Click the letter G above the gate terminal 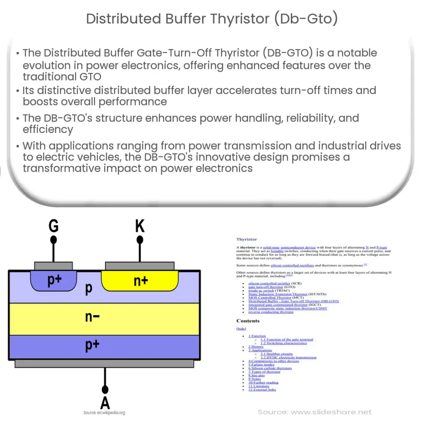coord(53,226)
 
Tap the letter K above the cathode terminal coord(140,226)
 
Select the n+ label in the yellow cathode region coord(141,281)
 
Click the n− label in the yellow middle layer coord(92,317)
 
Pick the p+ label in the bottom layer coord(92,345)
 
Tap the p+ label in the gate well coord(55,280)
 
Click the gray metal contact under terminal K coord(139,266)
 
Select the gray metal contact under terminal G coord(53,266)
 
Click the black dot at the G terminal coord(53,240)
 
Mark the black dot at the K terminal coord(140,240)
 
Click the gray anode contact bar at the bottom coord(104,363)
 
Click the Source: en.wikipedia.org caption coord(104,413)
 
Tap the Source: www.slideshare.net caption coord(315,412)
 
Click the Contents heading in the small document coord(248,321)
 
